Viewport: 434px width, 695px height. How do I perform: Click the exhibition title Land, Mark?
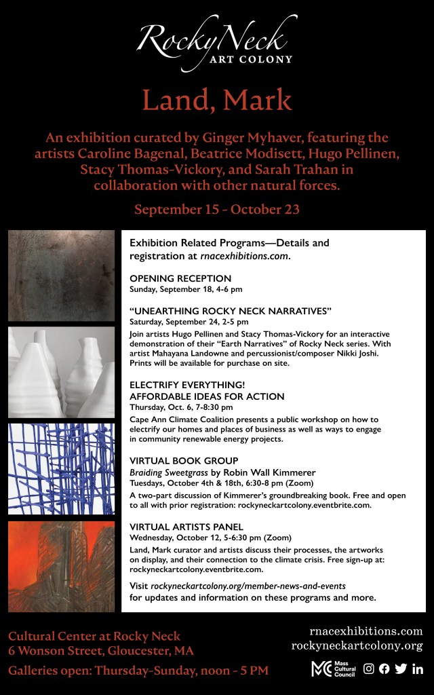tap(217, 100)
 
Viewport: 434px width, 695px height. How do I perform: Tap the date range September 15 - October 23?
tap(217, 209)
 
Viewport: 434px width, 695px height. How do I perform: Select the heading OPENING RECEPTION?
tap(180, 278)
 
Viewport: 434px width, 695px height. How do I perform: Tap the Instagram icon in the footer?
tap(369, 669)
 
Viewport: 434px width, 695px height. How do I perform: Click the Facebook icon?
tap(384, 669)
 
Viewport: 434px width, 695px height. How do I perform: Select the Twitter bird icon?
tap(401, 669)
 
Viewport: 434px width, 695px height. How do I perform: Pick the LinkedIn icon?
tap(417, 669)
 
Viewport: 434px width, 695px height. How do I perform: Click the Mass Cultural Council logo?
tap(332, 669)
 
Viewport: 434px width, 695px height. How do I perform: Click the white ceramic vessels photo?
tap(62, 372)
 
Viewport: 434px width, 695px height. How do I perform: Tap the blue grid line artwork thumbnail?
tap(62, 469)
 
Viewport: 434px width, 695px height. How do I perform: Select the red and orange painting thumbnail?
tap(62, 566)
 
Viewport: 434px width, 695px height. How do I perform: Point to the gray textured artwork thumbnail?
tap(62, 275)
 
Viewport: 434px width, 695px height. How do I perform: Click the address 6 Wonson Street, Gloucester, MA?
tap(101, 651)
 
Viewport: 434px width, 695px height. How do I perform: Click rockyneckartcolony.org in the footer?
tap(357, 645)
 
